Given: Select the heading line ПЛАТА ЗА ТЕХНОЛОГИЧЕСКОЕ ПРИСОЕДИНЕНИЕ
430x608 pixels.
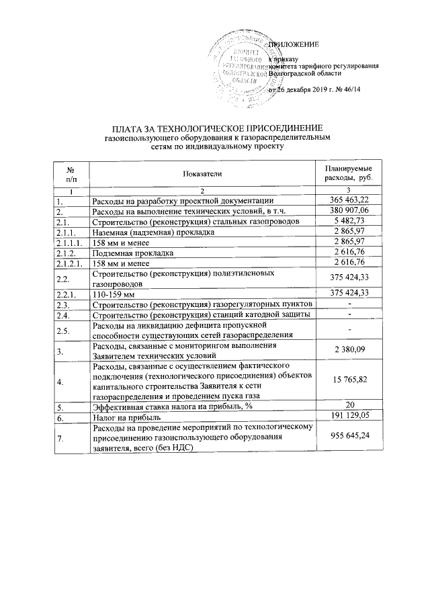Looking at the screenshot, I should (x=217, y=128).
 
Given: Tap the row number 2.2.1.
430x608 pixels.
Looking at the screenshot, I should (x=68, y=294).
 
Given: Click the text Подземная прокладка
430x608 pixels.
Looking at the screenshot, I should (x=133, y=253).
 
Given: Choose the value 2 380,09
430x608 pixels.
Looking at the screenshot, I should (x=348, y=350).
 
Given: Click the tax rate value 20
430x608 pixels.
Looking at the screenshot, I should (x=349, y=406).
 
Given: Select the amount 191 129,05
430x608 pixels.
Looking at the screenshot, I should (x=348, y=417).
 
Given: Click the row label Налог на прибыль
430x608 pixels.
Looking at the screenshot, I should (x=126, y=417).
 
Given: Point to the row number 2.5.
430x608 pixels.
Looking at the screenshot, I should (x=64, y=330).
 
